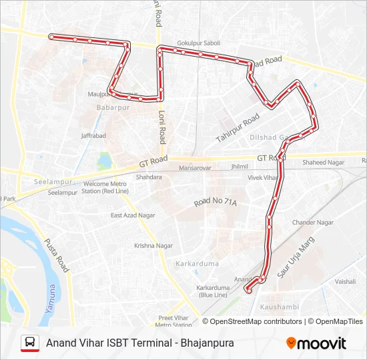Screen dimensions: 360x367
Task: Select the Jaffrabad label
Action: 93,135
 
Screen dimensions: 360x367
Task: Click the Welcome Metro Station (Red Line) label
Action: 105,187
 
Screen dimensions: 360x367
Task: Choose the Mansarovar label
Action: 200,168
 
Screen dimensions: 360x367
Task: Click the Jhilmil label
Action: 239,167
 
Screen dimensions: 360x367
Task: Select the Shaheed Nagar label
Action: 324,162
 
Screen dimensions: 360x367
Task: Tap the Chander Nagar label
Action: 313,222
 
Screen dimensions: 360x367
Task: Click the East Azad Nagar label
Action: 133,215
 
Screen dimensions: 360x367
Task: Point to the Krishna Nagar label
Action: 153,245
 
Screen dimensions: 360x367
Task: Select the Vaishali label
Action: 346,281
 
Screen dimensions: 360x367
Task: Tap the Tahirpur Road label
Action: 238,128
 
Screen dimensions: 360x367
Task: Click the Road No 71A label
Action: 216,201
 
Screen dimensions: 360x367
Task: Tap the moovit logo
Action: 316,343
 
